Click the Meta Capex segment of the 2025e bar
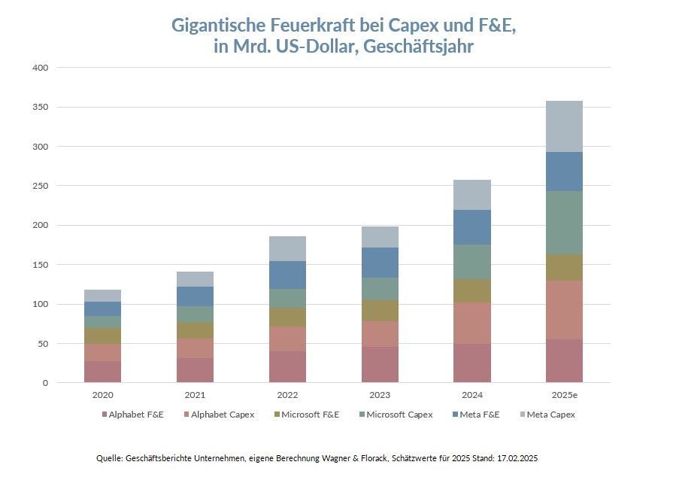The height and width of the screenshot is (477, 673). [564, 126]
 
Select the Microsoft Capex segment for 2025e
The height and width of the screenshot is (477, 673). [564, 223]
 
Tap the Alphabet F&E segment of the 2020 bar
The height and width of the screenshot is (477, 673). [102, 372]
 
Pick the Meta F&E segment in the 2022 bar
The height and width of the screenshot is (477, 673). [287, 275]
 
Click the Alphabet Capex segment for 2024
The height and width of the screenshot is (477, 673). [472, 324]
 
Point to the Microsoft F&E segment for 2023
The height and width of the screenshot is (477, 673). [380, 311]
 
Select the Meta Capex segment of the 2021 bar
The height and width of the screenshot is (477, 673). [195, 279]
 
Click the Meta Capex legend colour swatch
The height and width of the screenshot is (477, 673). [522, 415]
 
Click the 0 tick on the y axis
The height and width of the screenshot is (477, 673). [45, 383]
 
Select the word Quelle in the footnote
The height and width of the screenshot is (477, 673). [110, 458]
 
